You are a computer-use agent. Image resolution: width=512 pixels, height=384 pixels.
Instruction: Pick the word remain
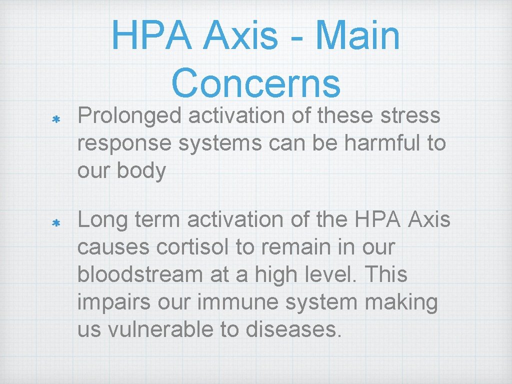coord(283,246)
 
